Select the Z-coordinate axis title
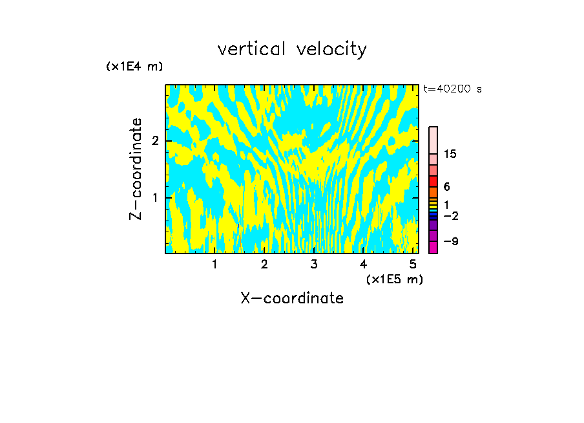[x=136, y=169]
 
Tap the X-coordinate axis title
[x=292, y=298]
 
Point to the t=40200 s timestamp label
[x=452, y=89]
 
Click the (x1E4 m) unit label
[x=134, y=67]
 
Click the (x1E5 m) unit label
[x=394, y=279]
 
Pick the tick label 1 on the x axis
[x=214, y=264]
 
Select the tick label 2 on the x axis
[x=264, y=264]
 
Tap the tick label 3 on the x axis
[x=314, y=264]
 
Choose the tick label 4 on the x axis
[x=363, y=264]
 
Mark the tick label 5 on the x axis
[x=413, y=264]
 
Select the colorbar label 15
[x=450, y=154]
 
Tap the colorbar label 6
[x=446, y=187]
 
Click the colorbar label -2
[x=450, y=215]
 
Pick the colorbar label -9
[x=450, y=241]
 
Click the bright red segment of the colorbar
[x=433, y=181]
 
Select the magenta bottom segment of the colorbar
[x=433, y=247]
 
